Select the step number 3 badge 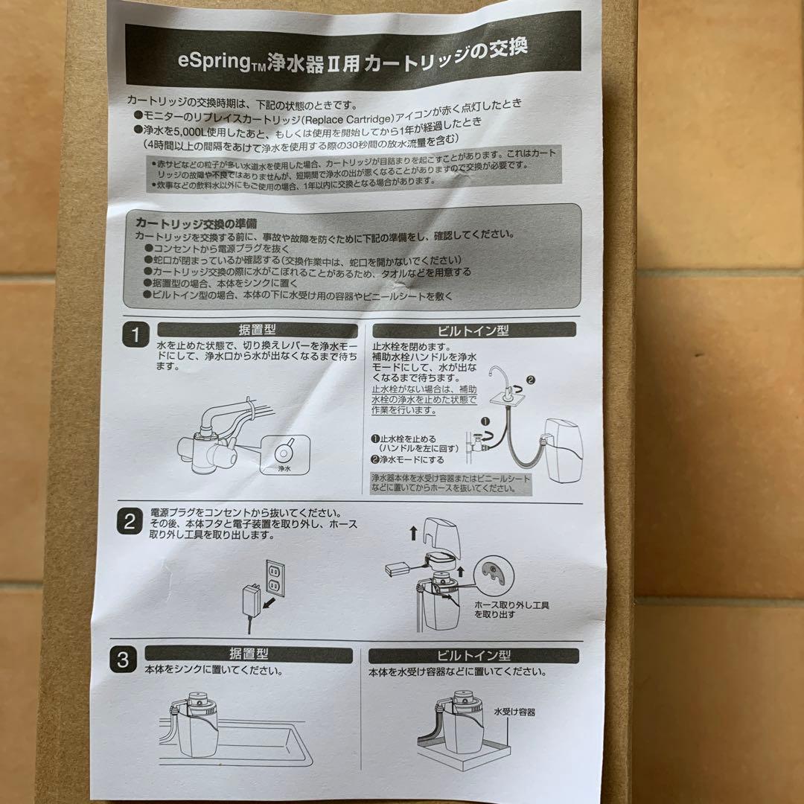(124, 660)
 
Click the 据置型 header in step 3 (247, 654)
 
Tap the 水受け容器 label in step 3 (514, 712)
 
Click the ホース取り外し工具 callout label (511, 610)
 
